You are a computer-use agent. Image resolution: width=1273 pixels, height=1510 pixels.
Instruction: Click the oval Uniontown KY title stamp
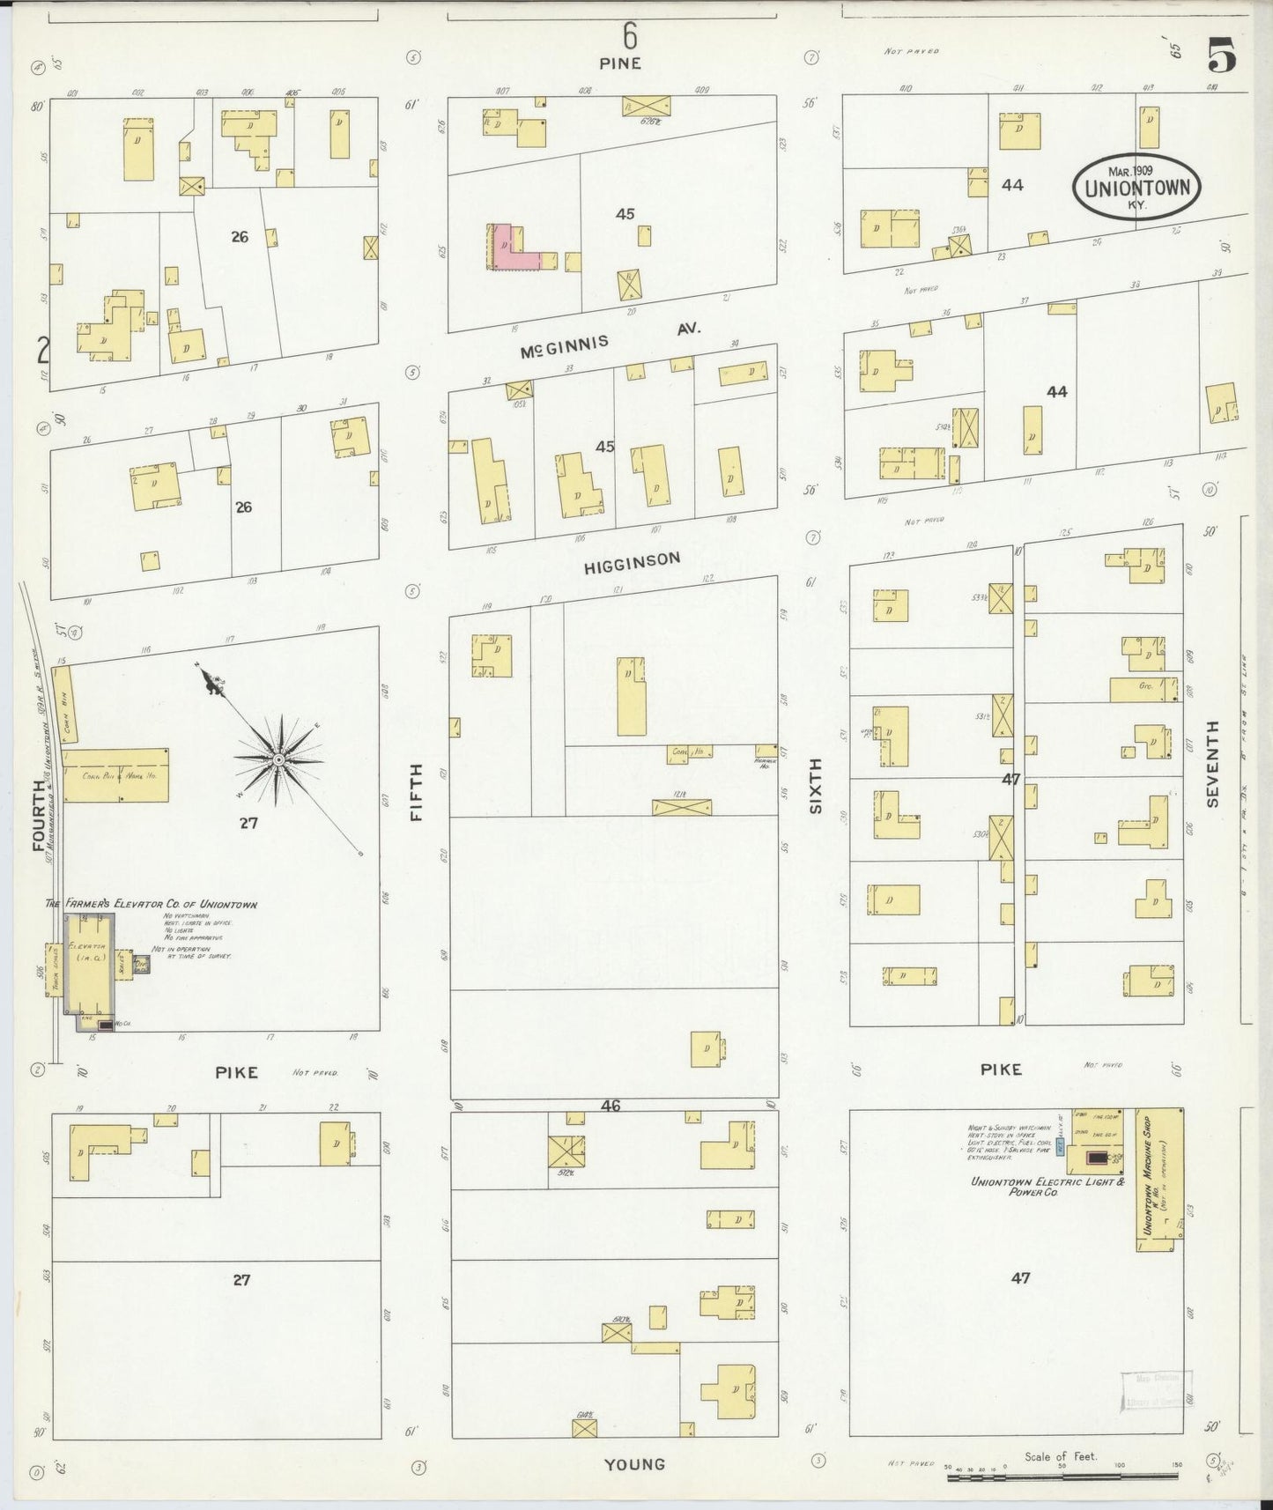click(1136, 187)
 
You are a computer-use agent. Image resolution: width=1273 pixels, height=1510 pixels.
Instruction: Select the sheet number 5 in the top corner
click(1221, 57)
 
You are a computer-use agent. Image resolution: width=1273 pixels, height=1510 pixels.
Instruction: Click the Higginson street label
click(633, 562)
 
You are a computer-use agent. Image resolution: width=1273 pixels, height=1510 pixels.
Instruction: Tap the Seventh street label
click(1213, 763)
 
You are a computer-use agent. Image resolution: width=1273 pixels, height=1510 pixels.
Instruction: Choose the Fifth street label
click(417, 793)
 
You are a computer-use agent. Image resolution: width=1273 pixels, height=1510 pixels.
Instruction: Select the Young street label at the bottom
click(634, 1463)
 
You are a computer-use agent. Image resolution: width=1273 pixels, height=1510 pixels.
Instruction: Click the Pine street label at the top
click(621, 63)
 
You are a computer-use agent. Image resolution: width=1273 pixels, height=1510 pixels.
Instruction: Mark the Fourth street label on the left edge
click(39, 815)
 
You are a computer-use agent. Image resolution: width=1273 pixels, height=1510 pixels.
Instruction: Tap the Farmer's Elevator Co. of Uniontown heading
click(151, 904)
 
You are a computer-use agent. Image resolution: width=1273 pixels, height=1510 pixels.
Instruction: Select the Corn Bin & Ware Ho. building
click(115, 775)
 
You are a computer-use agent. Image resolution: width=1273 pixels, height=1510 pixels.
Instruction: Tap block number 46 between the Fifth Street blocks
click(611, 1105)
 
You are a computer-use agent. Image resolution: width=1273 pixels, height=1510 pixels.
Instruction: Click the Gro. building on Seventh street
click(1143, 689)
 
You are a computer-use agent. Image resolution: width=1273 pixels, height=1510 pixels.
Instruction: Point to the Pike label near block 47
click(1002, 1069)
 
